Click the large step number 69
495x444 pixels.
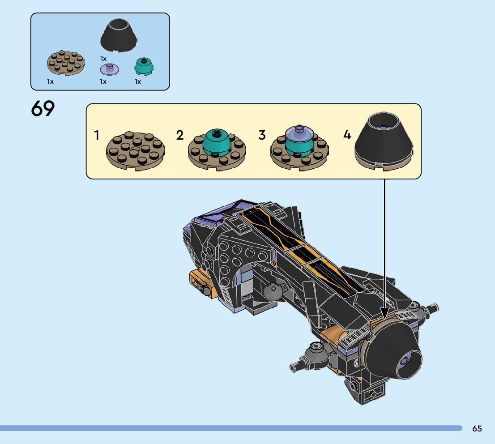(x=43, y=109)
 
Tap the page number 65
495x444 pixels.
(x=477, y=428)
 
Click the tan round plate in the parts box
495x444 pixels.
(x=66, y=62)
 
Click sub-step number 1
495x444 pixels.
(x=97, y=135)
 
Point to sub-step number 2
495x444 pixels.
(x=180, y=135)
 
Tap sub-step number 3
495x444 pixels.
(x=262, y=135)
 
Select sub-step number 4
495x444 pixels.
(x=347, y=135)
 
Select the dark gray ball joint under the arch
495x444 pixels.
(x=273, y=292)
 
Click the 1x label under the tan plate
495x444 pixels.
(x=50, y=82)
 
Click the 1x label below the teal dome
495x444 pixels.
(x=138, y=82)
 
